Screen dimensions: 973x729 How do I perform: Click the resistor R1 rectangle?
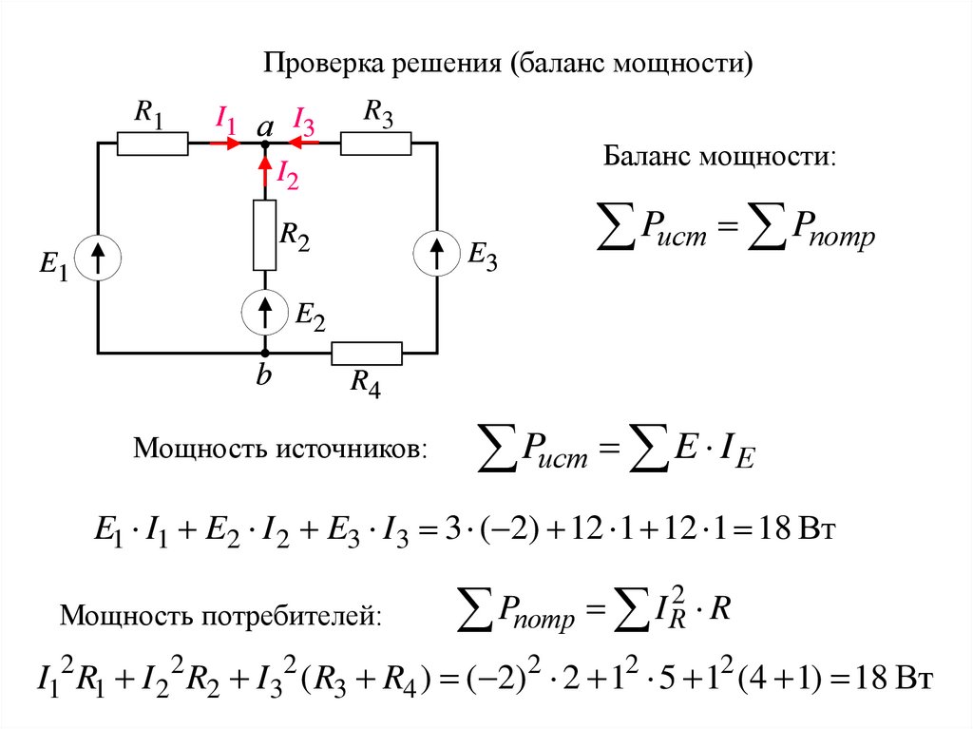point(152,144)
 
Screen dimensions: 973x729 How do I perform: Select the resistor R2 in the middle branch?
point(264,234)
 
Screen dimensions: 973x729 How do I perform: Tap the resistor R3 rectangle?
point(375,144)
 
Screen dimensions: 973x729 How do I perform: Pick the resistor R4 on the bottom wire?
point(367,354)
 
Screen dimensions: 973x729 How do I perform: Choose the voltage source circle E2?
point(264,310)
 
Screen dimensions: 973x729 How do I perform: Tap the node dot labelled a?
point(264,144)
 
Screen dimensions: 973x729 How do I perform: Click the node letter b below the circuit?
point(263,376)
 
